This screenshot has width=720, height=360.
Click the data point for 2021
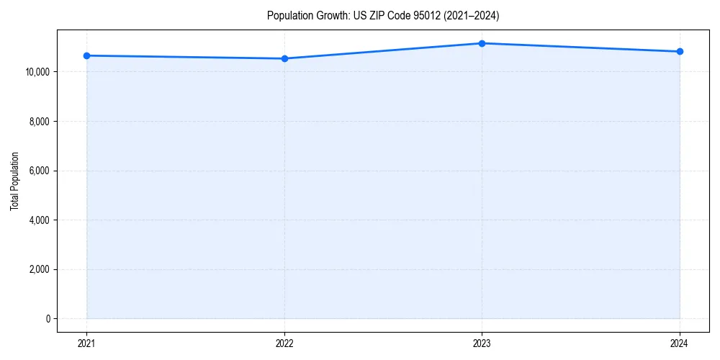pyautogui.click(x=86, y=55)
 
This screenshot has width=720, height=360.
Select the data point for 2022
pyautogui.click(x=284, y=58)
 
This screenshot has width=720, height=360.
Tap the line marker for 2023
pyautogui.click(x=482, y=43)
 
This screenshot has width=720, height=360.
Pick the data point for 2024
pyautogui.click(x=680, y=51)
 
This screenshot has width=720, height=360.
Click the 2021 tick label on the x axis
pyautogui.click(x=86, y=343)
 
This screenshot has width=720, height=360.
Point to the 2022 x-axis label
pyautogui.click(x=284, y=343)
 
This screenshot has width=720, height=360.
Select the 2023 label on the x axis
pyautogui.click(x=482, y=343)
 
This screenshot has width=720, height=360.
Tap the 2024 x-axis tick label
pyautogui.click(x=680, y=343)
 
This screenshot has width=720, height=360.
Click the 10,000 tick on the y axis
pyautogui.click(x=36, y=72)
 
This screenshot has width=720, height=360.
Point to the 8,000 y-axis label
pyautogui.click(x=38, y=122)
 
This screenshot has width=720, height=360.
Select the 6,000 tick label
pyautogui.click(x=38, y=171)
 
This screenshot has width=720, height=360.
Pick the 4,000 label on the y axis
pyautogui.click(x=38, y=220)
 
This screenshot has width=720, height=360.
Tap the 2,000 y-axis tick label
pyautogui.click(x=38, y=269)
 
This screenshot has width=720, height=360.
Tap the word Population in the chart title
pyautogui.click(x=289, y=15)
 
